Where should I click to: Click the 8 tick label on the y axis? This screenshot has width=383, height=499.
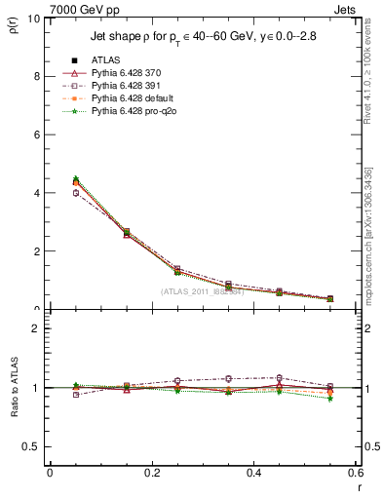(x=36, y=76)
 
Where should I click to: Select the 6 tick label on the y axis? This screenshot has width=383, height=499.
(x=36, y=134)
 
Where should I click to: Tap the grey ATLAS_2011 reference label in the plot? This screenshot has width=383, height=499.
(x=202, y=291)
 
